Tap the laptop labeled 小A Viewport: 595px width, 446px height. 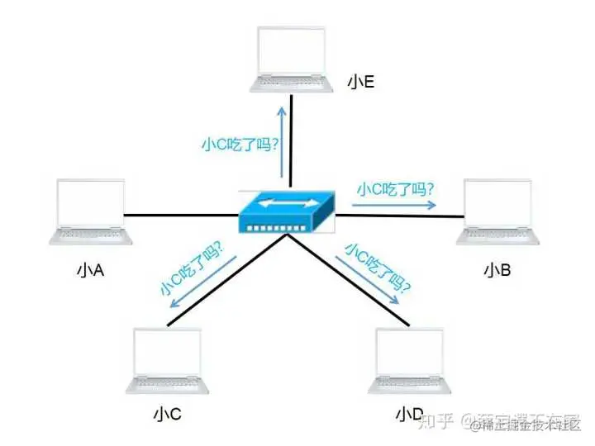pos(90,211)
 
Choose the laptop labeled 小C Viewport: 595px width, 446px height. pos(168,360)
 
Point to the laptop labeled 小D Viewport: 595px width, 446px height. pos(410,360)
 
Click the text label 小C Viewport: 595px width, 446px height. pos(167,412)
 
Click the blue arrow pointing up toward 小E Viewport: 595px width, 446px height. pos(279,140)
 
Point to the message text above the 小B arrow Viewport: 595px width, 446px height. pos(395,188)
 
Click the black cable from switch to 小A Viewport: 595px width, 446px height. pos(182,216)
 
